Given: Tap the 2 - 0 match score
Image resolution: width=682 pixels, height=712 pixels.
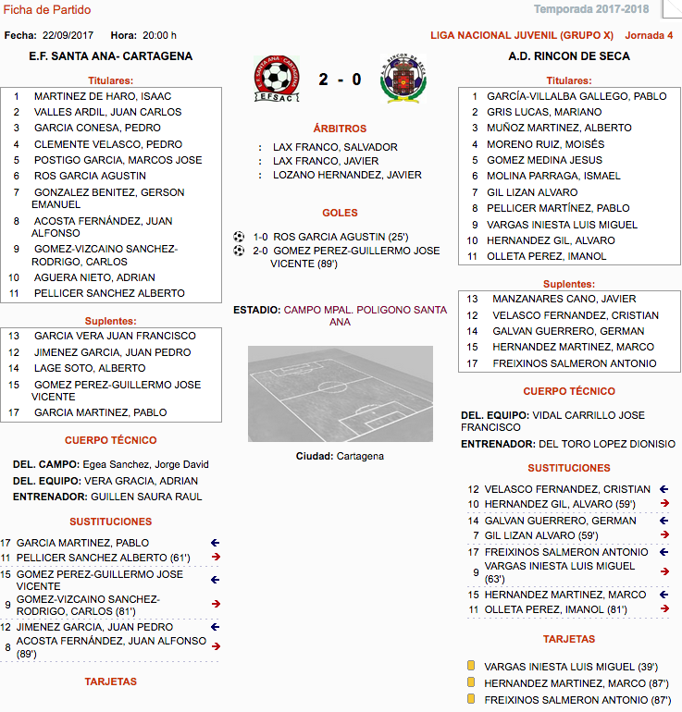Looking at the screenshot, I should pyautogui.click(x=340, y=80).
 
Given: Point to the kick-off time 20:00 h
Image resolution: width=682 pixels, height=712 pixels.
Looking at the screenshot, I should pyautogui.click(x=160, y=36).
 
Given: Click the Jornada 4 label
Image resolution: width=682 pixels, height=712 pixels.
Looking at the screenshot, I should pyautogui.click(x=650, y=36).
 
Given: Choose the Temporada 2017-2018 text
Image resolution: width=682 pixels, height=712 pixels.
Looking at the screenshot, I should pyautogui.click(x=591, y=10).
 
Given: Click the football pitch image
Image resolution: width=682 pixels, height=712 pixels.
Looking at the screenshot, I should pyautogui.click(x=340, y=394).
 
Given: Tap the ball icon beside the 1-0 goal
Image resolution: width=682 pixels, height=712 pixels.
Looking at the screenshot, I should pyautogui.click(x=239, y=236).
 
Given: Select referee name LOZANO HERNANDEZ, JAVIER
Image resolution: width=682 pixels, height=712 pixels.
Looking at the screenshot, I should pyautogui.click(x=347, y=175).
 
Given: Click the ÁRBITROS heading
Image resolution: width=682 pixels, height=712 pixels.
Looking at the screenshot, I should pyautogui.click(x=340, y=129).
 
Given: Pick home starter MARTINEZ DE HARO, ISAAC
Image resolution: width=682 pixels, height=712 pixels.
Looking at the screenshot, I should pyautogui.click(x=102, y=96).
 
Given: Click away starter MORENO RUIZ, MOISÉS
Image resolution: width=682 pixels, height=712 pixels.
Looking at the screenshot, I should pyautogui.click(x=545, y=144).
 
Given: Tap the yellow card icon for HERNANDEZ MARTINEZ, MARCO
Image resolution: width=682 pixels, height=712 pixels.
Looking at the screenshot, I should pyautogui.click(x=471, y=682).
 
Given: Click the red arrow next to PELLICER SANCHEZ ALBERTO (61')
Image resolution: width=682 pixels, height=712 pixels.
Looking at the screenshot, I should pyautogui.click(x=216, y=557).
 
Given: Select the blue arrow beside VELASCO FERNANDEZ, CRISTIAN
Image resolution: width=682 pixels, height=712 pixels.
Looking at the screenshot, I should pyautogui.click(x=663, y=489).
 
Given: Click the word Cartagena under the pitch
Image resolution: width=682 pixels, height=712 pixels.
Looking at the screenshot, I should pyautogui.click(x=359, y=456).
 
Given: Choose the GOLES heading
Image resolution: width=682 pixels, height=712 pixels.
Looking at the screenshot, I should pyautogui.click(x=340, y=213).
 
